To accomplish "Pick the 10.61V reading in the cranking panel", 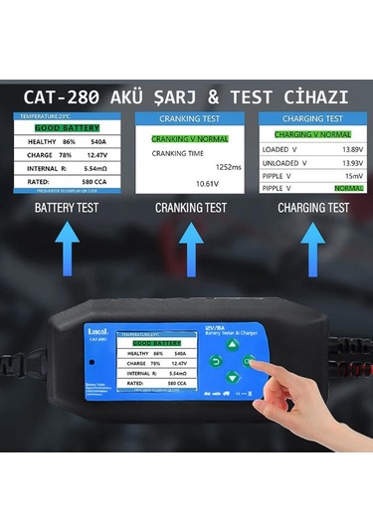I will click(x=206, y=184).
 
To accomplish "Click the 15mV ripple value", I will click(x=339, y=174).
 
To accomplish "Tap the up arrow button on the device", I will click(x=232, y=346).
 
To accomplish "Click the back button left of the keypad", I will click(x=214, y=361).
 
